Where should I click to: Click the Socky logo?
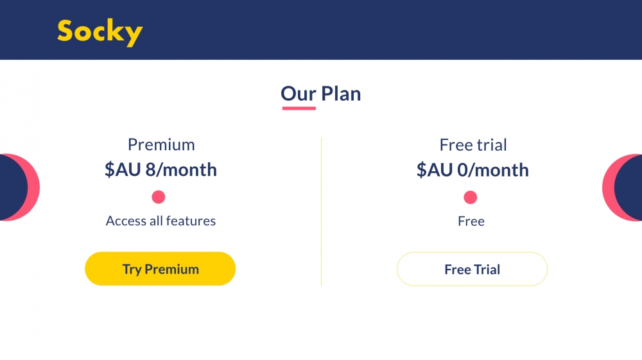point(100,32)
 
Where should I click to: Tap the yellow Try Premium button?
point(160,269)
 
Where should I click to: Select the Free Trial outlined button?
point(472,269)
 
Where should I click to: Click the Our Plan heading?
point(320,94)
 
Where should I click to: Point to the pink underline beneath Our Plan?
point(299,108)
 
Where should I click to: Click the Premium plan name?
point(161,145)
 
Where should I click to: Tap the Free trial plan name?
point(473,145)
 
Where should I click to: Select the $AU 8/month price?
point(160,169)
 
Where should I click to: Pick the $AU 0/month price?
point(473,170)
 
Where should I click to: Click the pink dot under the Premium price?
point(159,197)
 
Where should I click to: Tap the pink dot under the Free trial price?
point(471,197)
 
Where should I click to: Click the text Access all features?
point(160,221)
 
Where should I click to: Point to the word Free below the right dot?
point(471,221)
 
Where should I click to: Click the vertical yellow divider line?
point(322,212)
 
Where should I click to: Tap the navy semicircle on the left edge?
point(13,188)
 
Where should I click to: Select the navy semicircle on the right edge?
point(629,188)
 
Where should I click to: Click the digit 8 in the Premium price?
point(150,169)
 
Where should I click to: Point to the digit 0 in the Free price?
point(462,170)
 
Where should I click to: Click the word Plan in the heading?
point(341,94)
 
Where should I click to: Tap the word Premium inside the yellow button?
point(171,269)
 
